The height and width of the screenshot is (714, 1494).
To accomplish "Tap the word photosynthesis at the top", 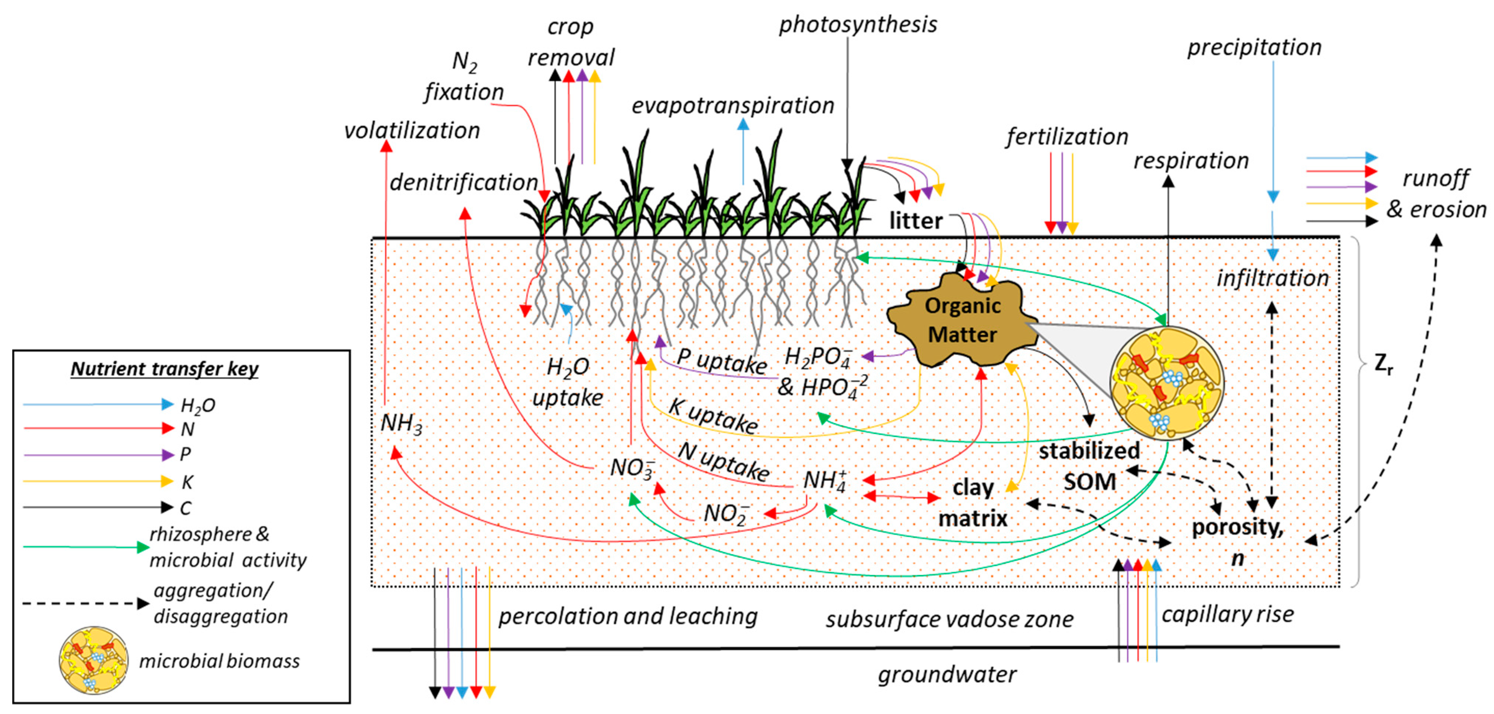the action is click(857, 25).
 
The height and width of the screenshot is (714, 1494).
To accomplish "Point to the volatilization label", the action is click(412, 131).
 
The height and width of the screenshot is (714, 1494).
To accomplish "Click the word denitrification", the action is click(463, 182).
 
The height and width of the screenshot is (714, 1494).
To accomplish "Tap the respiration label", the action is click(1191, 161).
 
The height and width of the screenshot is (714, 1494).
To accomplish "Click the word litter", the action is click(916, 221).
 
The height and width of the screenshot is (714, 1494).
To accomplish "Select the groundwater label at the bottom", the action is click(947, 674).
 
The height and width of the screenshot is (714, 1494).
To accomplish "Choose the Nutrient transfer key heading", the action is click(165, 369).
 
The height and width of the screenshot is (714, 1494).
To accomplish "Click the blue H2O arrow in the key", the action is click(99, 404).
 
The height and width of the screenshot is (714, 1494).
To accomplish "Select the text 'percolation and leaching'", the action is click(628, 616).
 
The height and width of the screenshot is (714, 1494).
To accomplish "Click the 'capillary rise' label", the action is click(1228, 614).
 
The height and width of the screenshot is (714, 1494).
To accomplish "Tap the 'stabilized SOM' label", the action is click(1089, 466).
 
